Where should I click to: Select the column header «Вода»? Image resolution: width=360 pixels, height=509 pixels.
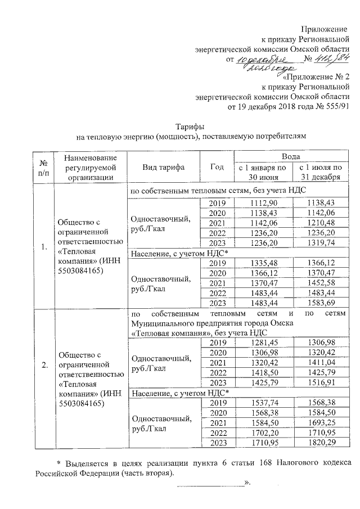pyautogui.click(x=290, y=156)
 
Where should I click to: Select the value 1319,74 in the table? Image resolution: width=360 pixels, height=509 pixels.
pyautogui.click(x=320, y=243)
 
